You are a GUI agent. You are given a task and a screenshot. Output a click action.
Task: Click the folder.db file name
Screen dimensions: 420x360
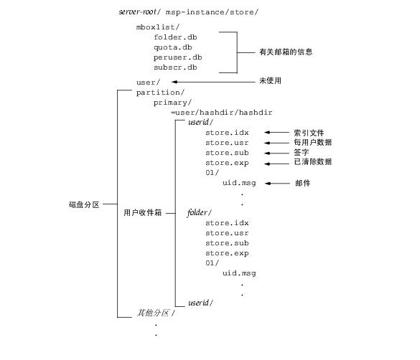coord(175,37)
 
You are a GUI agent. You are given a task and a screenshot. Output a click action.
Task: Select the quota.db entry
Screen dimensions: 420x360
coord(173,47)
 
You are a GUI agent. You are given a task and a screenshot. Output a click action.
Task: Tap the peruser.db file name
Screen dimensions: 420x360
coord(178,57)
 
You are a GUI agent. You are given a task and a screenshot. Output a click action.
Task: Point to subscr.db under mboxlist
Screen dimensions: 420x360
coord(175,67)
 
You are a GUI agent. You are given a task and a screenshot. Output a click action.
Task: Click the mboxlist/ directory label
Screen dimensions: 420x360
coord(158,27)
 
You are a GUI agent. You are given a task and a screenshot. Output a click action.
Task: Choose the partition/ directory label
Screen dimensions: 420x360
coord(160,93)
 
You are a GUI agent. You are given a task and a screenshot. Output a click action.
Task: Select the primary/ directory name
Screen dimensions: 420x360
coord(172,103)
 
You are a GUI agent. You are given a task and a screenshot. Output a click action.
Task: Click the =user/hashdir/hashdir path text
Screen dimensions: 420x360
coord(222,113)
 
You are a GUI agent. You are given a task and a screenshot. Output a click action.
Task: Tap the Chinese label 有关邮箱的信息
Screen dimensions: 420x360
coord(286,52)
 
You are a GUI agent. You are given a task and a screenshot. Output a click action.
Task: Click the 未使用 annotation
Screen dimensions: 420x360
coord(270,80)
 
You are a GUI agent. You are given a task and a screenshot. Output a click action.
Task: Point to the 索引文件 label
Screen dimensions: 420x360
coord(309,133)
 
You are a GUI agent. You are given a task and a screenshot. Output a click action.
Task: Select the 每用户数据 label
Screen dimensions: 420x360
coord(312,142)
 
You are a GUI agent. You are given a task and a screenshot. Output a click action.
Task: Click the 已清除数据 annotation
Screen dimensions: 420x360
coord(312,162)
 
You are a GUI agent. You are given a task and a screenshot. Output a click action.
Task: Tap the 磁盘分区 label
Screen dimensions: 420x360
coord(84,204)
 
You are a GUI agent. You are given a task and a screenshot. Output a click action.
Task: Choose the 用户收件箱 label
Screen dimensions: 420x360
coord(142,213)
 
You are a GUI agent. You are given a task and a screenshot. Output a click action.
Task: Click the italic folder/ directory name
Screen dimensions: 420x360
coord(200,213)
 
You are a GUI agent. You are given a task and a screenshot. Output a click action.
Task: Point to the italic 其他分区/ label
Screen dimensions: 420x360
coord(156,313)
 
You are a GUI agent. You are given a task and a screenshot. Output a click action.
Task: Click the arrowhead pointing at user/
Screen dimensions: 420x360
coord(174,82)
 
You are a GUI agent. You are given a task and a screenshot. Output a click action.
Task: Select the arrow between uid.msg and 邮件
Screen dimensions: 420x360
coord(277,183)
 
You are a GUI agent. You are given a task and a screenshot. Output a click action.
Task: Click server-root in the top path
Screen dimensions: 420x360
coord(137,11)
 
